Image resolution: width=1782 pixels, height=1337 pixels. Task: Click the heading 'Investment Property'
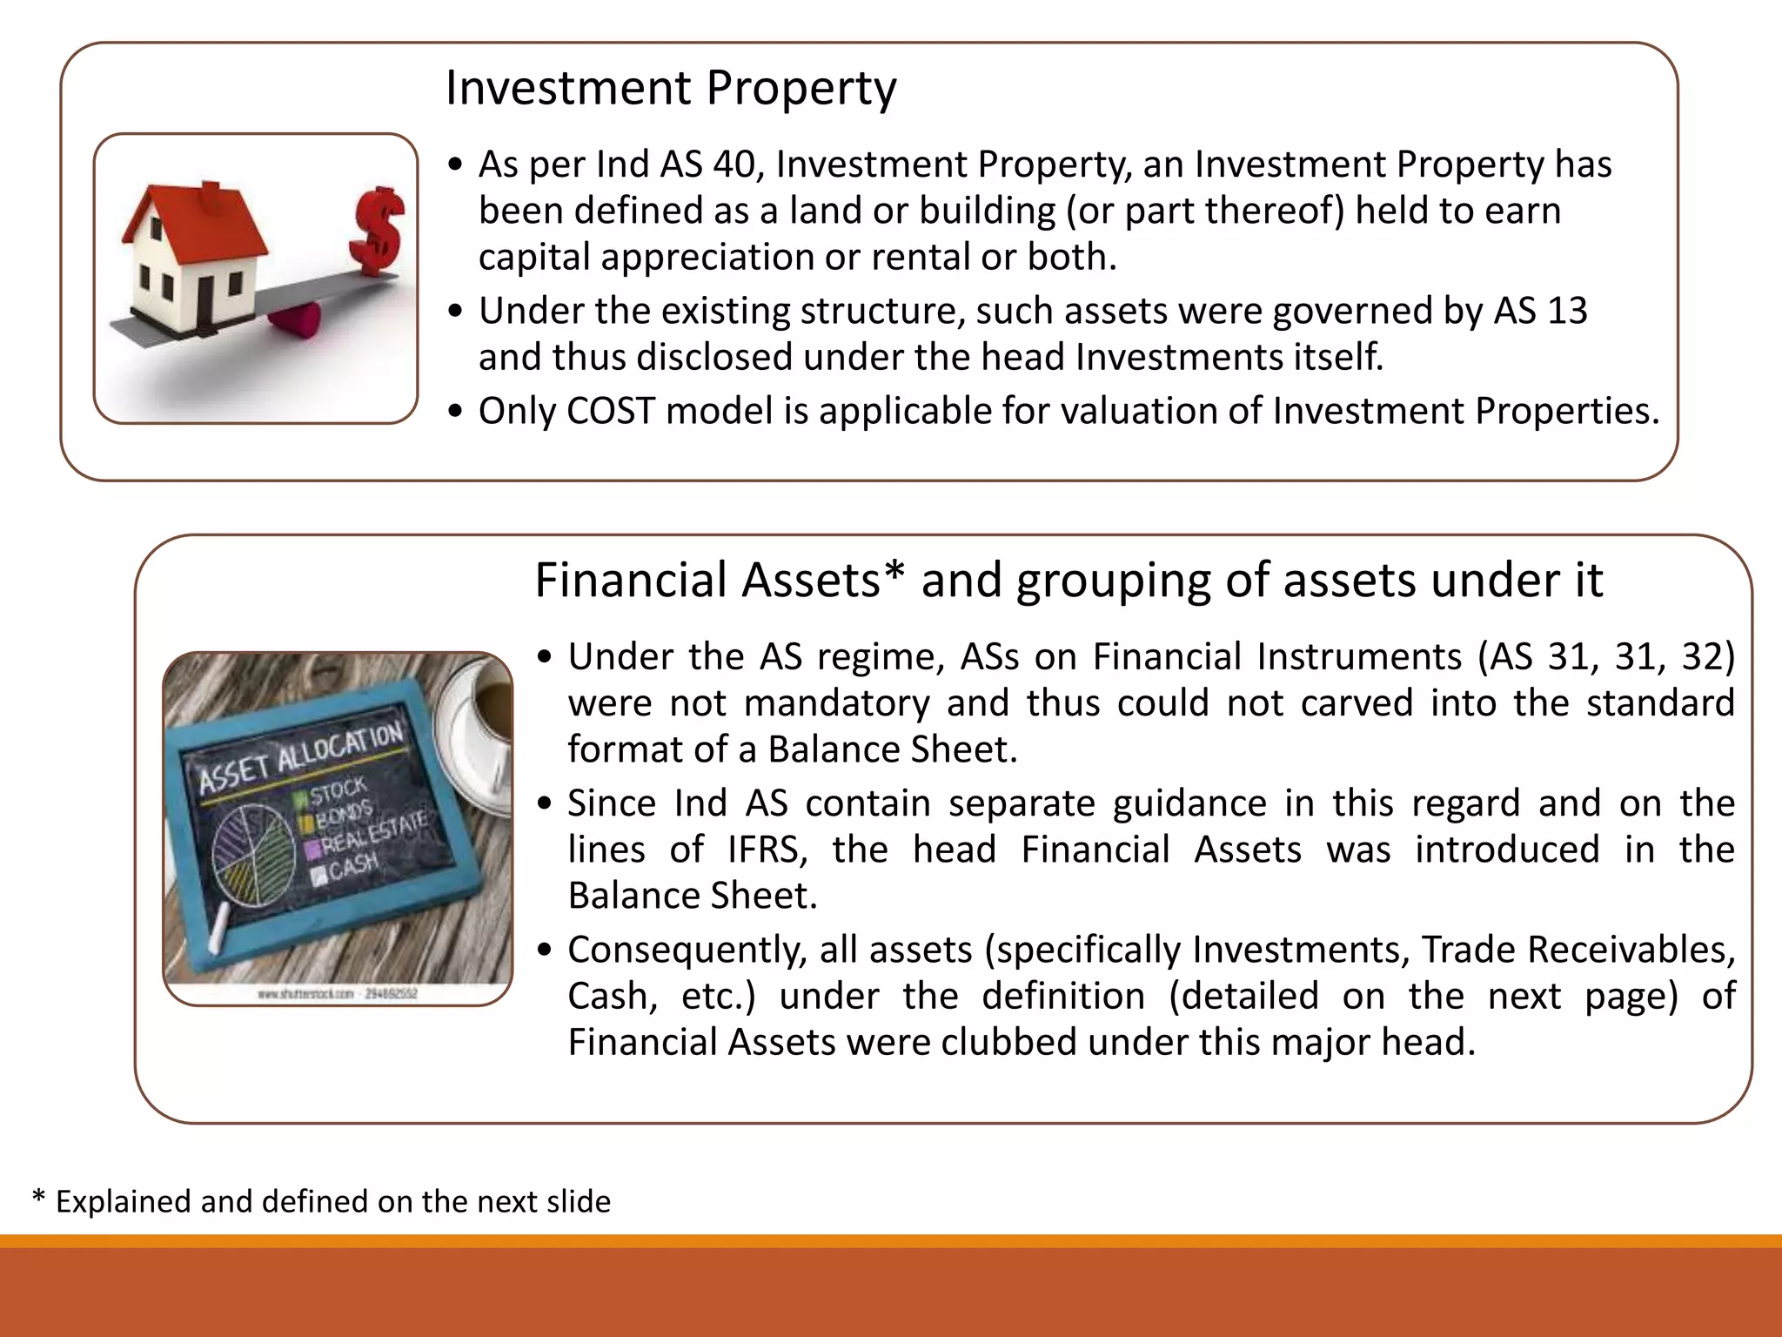point(670,88)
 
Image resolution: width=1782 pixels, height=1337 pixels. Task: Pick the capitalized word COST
point(610,411)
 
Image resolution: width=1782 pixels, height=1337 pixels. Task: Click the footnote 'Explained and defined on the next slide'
point(332,1201)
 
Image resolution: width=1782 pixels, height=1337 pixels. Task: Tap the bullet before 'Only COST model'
point(455,412)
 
